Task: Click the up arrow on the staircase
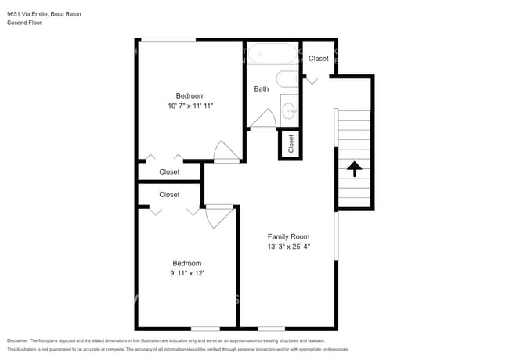[x=354, y=168]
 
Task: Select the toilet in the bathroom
[x=286, y=79]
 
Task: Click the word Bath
[x=262, y=88]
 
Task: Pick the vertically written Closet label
[x=291, y=144]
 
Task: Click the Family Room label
[x=288, y=236]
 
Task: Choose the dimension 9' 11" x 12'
[x=187, y=274]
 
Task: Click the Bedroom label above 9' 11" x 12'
[x=187, y=263]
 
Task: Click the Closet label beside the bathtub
[x=318, y=59]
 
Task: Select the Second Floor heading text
[x=24, y=23]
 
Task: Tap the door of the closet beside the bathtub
[x=312, y=79]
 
